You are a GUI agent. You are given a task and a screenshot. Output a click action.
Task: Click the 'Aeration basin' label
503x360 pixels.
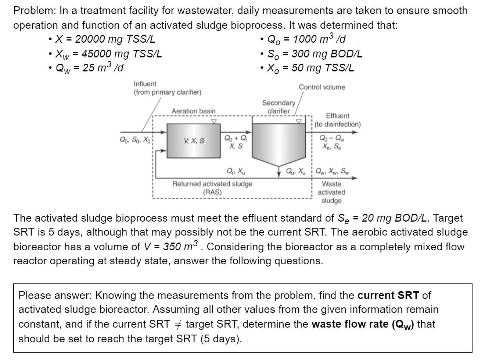tap(194, 111)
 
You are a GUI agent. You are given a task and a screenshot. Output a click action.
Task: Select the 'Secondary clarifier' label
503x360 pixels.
tap(279, 107)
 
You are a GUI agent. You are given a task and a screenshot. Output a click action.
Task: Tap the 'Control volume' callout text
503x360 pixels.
tap(322, 87)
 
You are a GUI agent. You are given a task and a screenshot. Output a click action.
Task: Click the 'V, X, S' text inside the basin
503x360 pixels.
tap(194, 141)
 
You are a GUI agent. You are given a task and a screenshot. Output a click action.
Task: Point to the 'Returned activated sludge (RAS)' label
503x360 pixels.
tap(212, 188)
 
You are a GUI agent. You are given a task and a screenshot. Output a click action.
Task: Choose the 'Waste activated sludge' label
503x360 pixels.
tap(331, 192)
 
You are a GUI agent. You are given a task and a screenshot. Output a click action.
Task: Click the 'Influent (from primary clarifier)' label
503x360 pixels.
tap(168, 88)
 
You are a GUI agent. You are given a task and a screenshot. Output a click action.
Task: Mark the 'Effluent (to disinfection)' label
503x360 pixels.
tap(338, 120)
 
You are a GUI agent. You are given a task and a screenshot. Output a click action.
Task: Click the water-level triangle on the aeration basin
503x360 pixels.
tap(214, 121)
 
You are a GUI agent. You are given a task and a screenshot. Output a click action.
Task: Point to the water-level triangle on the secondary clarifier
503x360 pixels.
tap(299, 121)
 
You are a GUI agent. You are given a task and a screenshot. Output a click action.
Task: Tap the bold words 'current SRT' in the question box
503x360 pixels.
tap(388, 295)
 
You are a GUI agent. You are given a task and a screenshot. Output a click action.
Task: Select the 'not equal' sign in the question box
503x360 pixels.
tap(178, 324)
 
